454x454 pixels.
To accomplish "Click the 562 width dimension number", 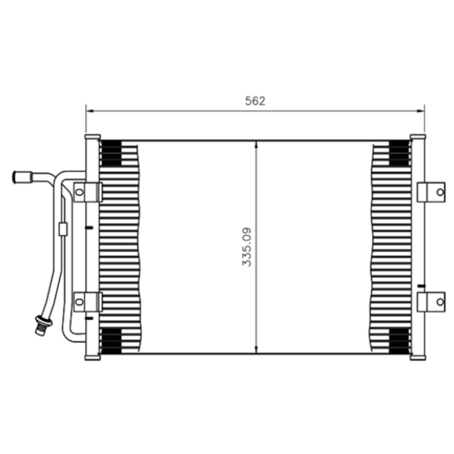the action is [x=255, y=101].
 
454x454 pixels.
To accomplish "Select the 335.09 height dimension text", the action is [x=247, y=247].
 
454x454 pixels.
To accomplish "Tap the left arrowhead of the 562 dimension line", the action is [x=90, y=111].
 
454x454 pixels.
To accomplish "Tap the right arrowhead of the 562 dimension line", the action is [x=420, y=111].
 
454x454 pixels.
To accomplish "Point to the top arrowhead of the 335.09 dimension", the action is [x=256, y=145].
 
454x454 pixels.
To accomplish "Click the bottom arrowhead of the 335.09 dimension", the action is [x=256, y=350].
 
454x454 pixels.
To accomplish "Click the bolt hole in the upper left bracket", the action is [x=79, y=192].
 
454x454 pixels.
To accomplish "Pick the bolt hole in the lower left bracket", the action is [x=79, y=302].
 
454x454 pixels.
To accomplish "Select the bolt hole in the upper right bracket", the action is [x=440, y=192].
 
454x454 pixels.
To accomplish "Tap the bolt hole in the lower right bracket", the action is [x=440, y=302].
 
